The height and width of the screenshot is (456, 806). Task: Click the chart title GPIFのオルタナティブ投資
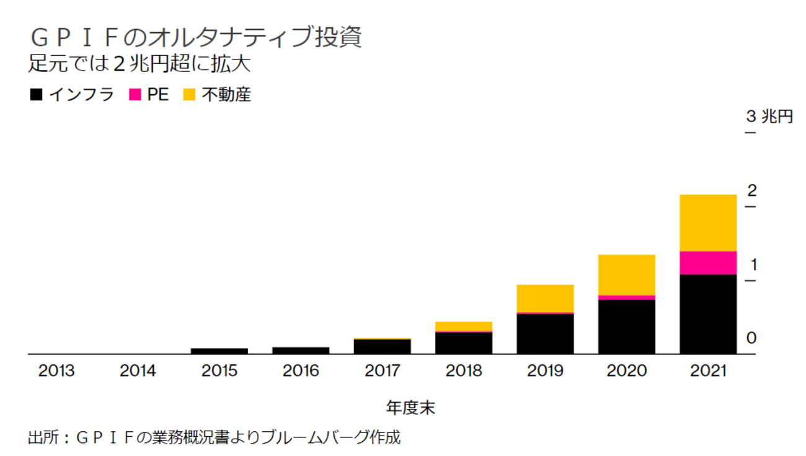(x=195, y=38)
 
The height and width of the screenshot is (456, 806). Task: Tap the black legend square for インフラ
(x=36, y=95)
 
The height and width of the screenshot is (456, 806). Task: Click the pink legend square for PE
(x=135, y=95)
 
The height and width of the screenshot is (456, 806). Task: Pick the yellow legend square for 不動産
(x=190, y=95)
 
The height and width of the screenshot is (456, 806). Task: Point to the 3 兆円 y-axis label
(x=769, y=116)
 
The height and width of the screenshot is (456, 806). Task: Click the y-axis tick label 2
(x=752, y=190)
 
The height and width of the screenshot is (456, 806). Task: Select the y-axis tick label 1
(x=753, y=265)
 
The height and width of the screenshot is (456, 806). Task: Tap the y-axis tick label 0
(x=752, y=338)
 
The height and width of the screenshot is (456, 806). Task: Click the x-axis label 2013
(x=56, y=371)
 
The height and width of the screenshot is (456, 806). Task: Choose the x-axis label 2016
(x=301, y=371)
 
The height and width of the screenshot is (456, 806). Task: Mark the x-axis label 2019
(x=545, y=371)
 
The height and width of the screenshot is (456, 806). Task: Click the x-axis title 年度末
(x=410, y=408)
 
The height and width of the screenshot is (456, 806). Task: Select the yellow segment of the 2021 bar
(x=707, y=223)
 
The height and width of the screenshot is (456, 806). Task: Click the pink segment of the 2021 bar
(x=707, y=263)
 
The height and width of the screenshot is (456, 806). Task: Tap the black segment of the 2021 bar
(x=707, y=314)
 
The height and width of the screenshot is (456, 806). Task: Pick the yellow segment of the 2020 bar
(x=626, y=274)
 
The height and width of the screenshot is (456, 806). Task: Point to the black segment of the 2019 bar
(x=545, y=334)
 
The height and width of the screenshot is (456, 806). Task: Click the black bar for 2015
(x=219, y=351)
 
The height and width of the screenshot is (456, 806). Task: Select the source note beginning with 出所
(x=215, y=438)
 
